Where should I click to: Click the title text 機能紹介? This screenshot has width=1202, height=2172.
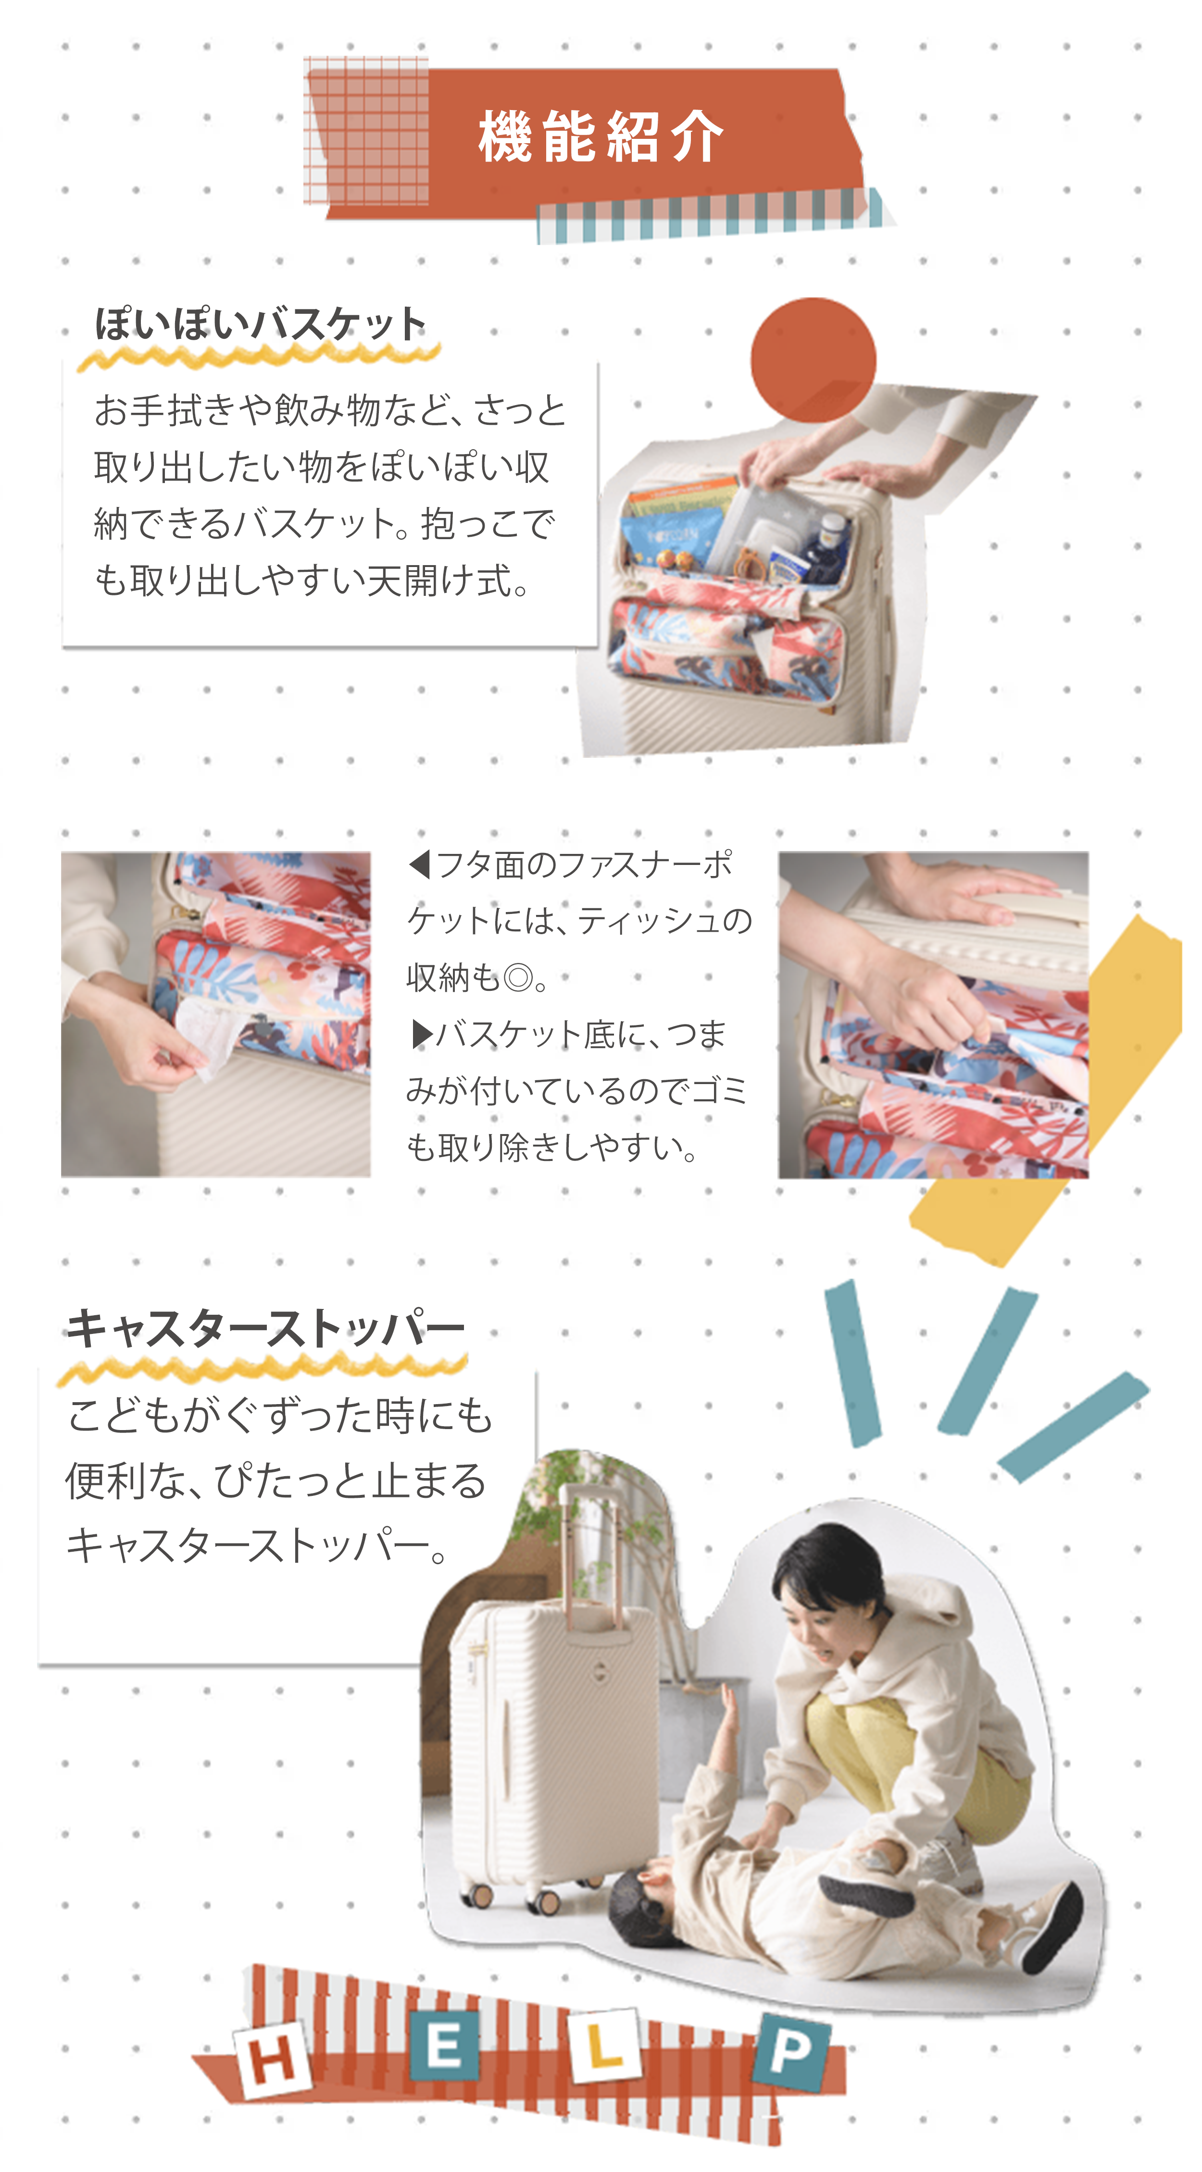601,136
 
